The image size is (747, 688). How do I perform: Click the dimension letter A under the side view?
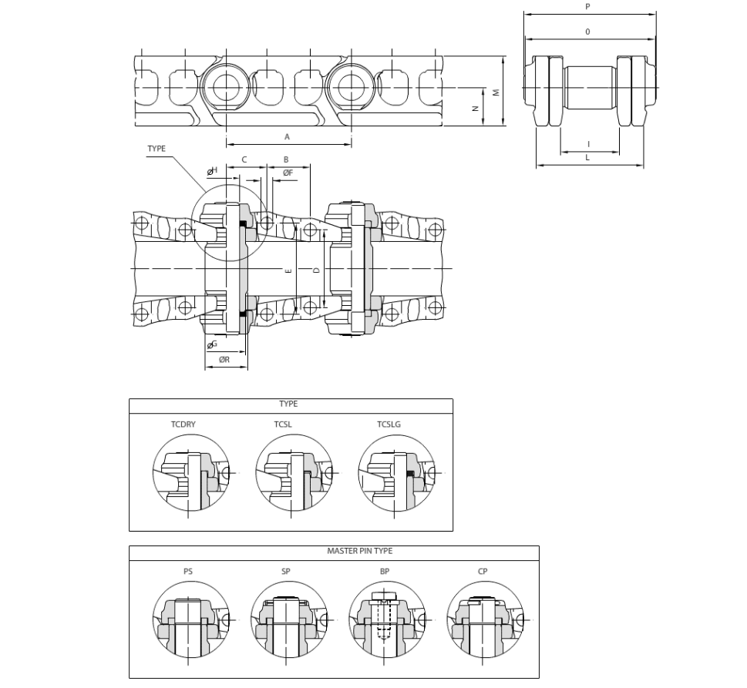point(287,137)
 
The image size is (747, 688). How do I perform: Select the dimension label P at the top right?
point(587,7)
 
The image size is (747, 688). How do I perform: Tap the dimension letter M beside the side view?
point(496,92)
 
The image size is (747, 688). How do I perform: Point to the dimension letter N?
point(475,109)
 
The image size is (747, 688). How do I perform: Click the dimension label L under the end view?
point(587,158)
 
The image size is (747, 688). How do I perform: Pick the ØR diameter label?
point(224,360)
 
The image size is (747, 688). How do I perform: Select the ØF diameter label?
point(288,173)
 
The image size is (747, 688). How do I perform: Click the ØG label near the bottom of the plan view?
point(212,344)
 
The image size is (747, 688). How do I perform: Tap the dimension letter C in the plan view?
point(244,159)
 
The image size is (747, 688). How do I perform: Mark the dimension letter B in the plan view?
point(286,159)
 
